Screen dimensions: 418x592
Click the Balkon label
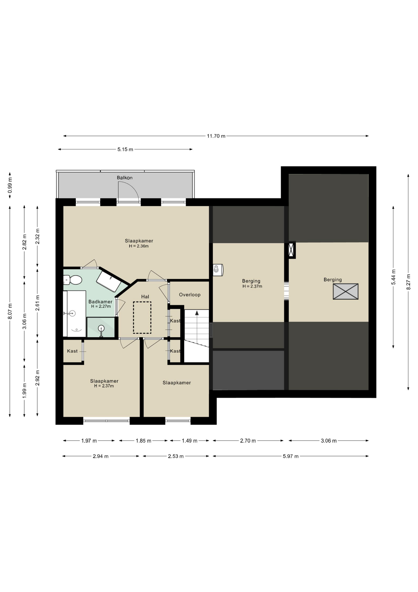click(x=125, y=178)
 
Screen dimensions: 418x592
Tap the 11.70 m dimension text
click(x=216, y=136)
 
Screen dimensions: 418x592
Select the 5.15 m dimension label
click(x=125, y=150)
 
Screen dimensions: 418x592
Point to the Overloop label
click(x=190, y=295)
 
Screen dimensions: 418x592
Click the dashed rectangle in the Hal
click(x=142, y=318)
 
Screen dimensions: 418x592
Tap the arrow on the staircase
click(x=197, y=313)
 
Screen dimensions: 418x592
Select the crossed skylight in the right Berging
click(x=346, y=291)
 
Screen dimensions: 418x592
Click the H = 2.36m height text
click(x=139, y=246)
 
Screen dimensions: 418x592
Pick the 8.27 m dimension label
click(x=408, y=282)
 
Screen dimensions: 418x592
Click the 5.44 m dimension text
click(x=393, y=277)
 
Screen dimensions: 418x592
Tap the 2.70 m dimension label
click(x=248, y=441)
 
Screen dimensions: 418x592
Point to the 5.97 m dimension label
click(x=291, y=456)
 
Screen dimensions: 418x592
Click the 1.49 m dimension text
click(x=190, y=441)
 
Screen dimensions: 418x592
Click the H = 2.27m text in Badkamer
click(x=101, y=306)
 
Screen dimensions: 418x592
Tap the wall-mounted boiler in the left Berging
click(x=218, y=270)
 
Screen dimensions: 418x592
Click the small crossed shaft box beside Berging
click(x=292, y=250)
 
